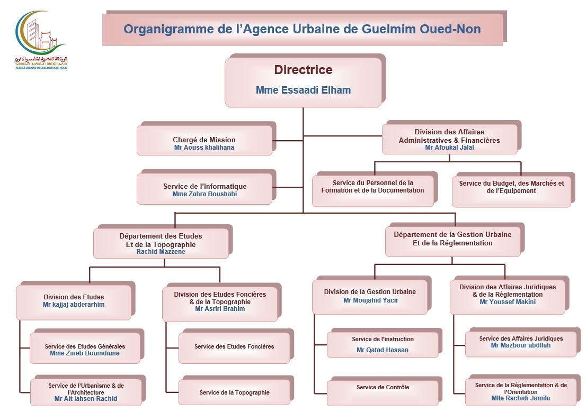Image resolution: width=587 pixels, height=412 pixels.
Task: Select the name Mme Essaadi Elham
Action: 303,90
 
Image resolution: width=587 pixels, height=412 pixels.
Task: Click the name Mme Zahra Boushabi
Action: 204,194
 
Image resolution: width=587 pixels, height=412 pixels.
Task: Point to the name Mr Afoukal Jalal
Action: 449,148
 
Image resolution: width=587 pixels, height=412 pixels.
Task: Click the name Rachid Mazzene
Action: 161,252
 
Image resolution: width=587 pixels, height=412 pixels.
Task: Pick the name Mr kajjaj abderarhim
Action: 74,305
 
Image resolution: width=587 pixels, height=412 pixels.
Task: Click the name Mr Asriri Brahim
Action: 220,309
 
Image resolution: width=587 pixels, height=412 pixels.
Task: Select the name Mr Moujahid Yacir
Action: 370,300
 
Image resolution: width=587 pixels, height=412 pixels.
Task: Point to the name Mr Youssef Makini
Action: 508,302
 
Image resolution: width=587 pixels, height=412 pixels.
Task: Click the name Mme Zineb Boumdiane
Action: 85,353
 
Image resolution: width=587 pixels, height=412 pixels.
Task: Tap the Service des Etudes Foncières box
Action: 234,347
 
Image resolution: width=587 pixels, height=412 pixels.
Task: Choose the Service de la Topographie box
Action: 234,392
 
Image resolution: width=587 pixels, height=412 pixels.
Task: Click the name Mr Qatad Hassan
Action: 383,350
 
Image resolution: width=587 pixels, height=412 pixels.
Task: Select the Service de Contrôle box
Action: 383,388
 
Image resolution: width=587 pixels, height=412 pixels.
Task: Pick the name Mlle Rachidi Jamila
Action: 521,398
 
